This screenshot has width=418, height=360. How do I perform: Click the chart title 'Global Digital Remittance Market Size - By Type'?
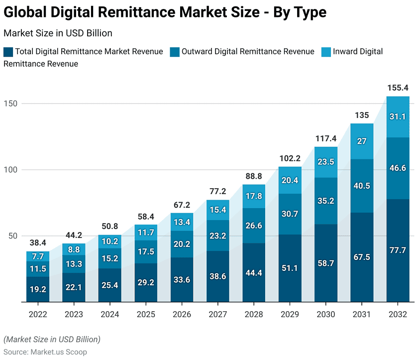tap(165, 12)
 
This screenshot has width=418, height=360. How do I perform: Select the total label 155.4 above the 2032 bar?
tap(398, 88)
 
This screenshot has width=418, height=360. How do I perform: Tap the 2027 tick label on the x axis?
tap(217, 315)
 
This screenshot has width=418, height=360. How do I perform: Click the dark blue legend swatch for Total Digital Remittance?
tap(8, 52)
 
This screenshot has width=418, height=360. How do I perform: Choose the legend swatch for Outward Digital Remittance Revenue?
tap(175, 52)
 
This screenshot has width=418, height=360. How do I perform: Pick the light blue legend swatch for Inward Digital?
tap(326, 52)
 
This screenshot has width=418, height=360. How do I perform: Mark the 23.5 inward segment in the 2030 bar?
tap(326, 161)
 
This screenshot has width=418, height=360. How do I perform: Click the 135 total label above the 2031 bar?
tap(362, 116)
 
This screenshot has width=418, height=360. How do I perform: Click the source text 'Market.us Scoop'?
tap(59, 352)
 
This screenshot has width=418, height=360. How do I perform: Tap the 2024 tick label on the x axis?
tap(109, 315)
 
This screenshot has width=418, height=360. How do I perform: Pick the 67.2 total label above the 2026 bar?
tap(182, 205)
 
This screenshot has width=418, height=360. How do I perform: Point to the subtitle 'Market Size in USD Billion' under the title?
tap(58, 33)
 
